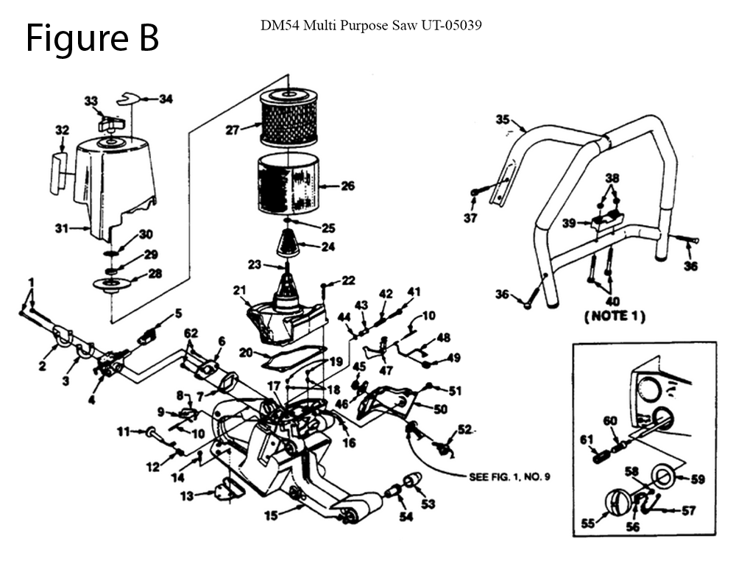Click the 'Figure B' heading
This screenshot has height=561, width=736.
tap(93, 38)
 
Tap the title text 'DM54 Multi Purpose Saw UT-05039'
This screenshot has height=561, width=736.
tap(371, 25)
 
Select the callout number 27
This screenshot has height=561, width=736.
tap(233, 130)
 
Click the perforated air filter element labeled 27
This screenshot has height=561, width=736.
tap(289, 117)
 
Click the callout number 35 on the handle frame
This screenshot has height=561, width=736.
tap(502, 120)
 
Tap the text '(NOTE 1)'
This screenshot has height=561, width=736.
tap(615, 316)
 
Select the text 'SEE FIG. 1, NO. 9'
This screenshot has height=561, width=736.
tap(509, 477)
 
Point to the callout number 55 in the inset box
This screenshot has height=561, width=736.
tap(588, 523)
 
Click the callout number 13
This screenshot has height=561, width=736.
tap(186, 495)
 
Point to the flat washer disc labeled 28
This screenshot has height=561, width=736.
tap(111, 284)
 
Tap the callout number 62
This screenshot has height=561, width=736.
tap(191, 333)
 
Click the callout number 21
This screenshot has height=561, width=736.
tap(239, 290)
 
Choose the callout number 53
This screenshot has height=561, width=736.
tap(428, 504)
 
